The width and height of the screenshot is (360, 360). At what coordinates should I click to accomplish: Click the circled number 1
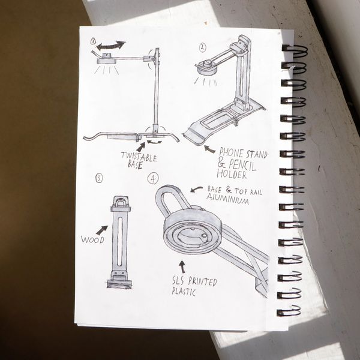(x=93, y=41)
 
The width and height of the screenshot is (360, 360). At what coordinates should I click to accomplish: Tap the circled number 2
(x=202, y=47)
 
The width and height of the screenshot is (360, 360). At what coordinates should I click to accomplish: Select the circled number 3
(x=99, y=178)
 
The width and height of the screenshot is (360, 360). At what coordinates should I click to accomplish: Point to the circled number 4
(x=153, y=178)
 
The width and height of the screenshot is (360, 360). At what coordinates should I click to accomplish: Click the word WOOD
(x=92, y=240)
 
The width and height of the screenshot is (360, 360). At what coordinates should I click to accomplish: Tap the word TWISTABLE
(x=139, y=157)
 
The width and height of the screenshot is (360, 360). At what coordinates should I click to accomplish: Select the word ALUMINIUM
(x=228, y=199)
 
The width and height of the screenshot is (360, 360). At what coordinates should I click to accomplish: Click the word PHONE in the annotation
(x=231, y=152)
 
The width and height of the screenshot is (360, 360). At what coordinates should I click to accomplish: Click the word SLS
(x=179, y=280)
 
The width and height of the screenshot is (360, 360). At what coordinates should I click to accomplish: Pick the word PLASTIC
(x=184, y=292)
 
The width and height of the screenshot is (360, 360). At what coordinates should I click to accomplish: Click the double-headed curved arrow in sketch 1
(x=111, y=46)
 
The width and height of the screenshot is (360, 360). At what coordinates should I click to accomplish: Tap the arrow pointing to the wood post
(x=102, y=230)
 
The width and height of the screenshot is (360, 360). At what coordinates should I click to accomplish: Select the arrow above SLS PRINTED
(x=182, y=267)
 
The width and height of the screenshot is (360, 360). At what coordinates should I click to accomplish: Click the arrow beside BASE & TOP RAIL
(x=196, y=189)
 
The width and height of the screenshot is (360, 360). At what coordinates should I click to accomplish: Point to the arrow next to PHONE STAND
(x=209, y=149)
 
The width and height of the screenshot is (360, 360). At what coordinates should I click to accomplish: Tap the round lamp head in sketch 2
(x=206, y=68)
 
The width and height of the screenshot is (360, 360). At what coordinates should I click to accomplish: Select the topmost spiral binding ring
(x=295, y=51)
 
